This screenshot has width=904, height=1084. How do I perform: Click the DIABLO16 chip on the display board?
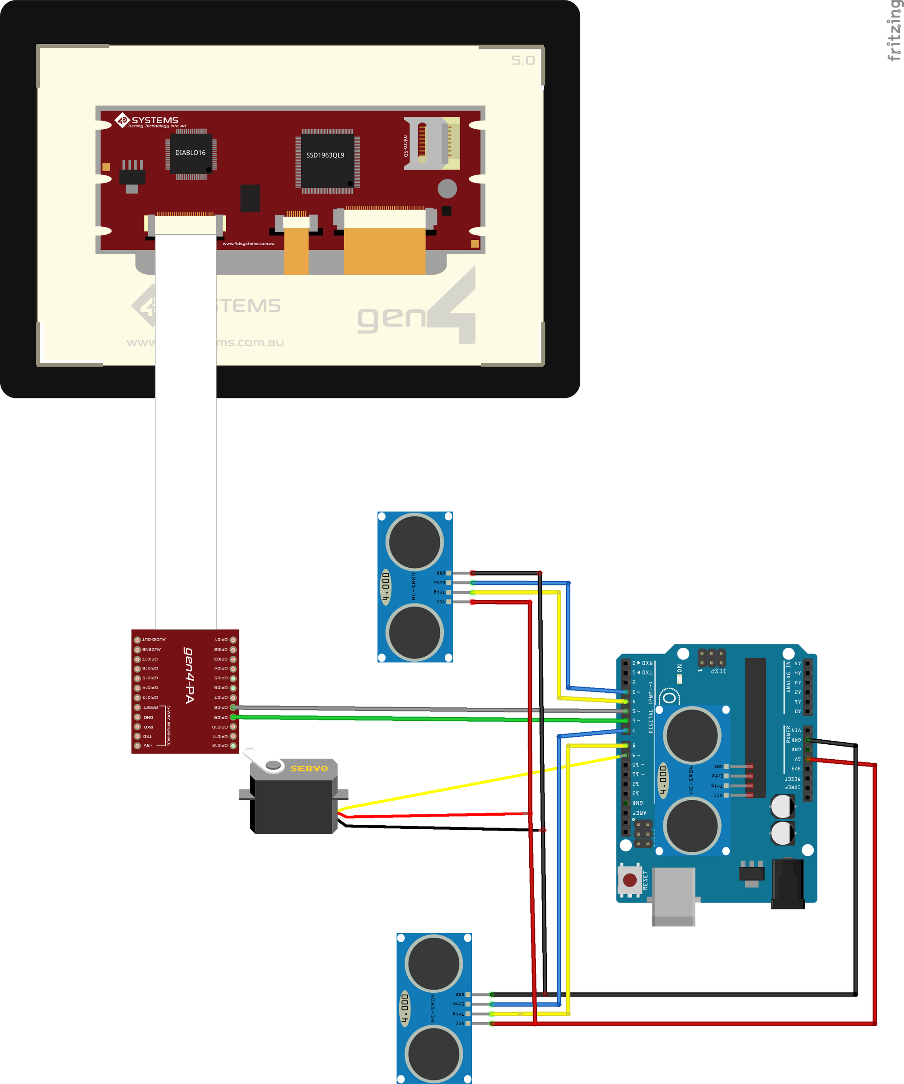coord(191,153)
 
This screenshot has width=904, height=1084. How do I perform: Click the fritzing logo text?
coord(894,31)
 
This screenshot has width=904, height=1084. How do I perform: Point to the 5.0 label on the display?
coord(523,61)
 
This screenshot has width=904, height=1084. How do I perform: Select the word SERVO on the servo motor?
coord(309,769)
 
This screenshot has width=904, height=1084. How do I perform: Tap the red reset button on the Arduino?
coord(629,879)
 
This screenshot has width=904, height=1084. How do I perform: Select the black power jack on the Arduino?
coord(788,883)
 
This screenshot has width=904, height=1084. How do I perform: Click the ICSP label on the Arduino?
coord(718,671)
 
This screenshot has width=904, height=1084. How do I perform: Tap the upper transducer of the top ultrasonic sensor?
coord(415,542)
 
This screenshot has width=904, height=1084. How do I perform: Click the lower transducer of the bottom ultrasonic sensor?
coord(433,1053)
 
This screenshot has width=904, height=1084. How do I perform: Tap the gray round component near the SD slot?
coord(447,188)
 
